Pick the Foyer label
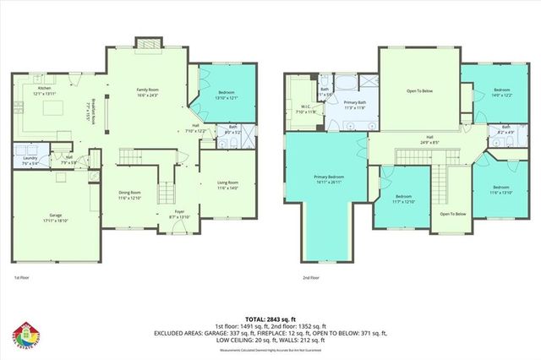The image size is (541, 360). (x=179, y=215)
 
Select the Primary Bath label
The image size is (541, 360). (x=354, y=106)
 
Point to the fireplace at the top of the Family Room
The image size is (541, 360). (x=145, y=43)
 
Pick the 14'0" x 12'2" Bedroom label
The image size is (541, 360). (x=502, y=92)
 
